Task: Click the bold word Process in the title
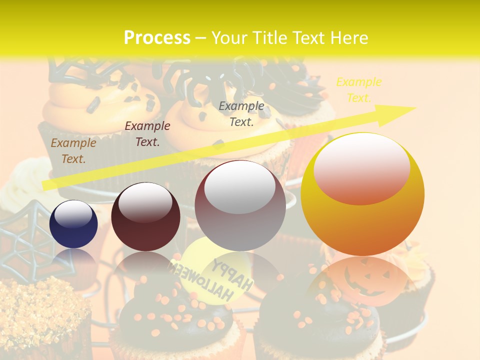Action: point(157,38)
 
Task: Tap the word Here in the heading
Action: point(348,38)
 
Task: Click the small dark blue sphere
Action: point(73,227)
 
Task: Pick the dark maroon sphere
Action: point(145,220)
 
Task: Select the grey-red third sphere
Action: point(240,210)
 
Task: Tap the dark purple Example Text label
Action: point(147,134)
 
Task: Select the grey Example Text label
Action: point(241,113)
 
